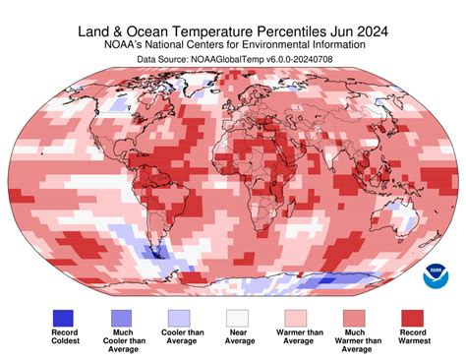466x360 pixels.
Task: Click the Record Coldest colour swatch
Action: [64, 317]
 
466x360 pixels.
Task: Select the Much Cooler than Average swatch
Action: [121, 317]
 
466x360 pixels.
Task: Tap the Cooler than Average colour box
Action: [178, 317]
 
